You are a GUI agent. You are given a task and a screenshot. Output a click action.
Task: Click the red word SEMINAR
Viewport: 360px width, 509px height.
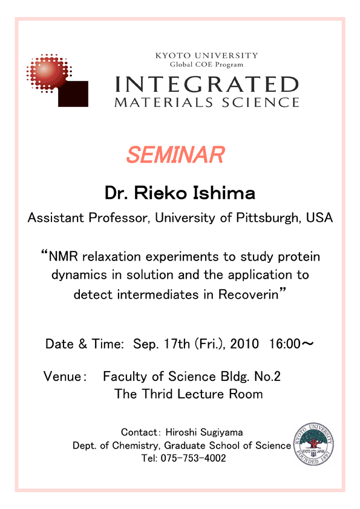pos(175,155)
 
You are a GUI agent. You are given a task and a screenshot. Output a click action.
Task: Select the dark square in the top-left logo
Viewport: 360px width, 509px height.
pos(73,94)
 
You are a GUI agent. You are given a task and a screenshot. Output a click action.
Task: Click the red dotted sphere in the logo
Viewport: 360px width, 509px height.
pos(49,73)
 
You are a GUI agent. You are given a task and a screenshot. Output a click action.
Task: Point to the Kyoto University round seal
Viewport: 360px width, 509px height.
pos(313,444)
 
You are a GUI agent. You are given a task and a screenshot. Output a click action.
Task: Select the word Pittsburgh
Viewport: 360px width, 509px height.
pos(267,218)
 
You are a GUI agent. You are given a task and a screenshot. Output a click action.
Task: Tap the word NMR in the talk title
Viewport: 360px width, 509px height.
pos(64,256)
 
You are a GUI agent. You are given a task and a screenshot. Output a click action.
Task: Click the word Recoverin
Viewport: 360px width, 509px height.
pos(249,294)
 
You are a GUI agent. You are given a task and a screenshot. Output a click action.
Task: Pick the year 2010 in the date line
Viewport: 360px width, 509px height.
pos(244,344)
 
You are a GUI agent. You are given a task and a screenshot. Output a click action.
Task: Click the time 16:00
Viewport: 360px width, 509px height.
pos(285,344)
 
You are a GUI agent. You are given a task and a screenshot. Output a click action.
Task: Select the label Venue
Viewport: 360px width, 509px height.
pos(62,377)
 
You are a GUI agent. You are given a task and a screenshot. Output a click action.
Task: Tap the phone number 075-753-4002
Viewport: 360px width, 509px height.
pos(194,458)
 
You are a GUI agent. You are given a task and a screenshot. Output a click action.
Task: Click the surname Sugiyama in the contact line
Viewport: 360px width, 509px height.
pos(221,433)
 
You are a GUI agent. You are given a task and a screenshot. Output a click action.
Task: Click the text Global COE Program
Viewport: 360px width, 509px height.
pos(207,64)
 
